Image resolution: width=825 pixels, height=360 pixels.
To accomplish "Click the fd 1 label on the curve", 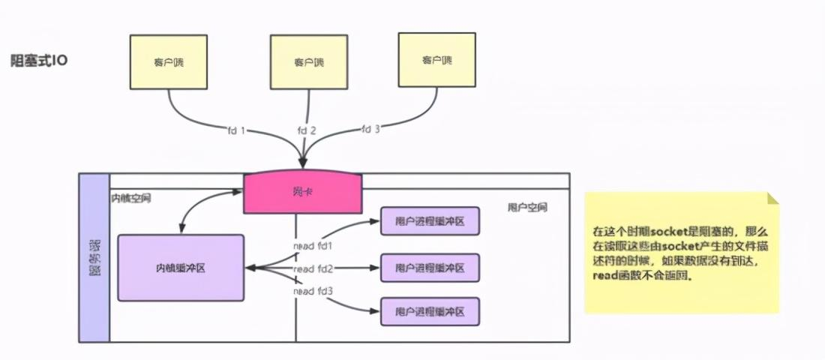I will point(235,130).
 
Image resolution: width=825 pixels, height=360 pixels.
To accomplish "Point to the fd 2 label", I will point(306,130).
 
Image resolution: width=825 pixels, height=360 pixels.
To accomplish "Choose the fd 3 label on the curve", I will point(370,128).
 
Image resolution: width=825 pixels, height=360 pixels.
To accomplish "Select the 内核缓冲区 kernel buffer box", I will point(181,268).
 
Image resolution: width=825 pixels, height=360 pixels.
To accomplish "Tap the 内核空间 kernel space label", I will point(131,199).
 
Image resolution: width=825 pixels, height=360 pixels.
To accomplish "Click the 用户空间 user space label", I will point(526,207).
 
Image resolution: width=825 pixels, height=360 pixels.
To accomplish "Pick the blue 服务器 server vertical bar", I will point(94,257).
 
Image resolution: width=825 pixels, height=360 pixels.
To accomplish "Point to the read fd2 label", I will point(313,268).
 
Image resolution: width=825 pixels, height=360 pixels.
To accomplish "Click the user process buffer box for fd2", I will point(429,268).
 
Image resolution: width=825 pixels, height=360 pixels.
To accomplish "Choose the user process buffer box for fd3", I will point(429,311).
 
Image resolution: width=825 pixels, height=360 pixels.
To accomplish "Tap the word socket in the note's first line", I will point(669,232).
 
